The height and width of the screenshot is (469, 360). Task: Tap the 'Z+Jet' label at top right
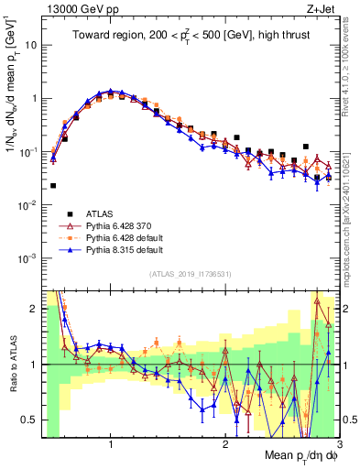323,9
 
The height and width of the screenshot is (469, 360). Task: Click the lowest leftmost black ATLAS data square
53,186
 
